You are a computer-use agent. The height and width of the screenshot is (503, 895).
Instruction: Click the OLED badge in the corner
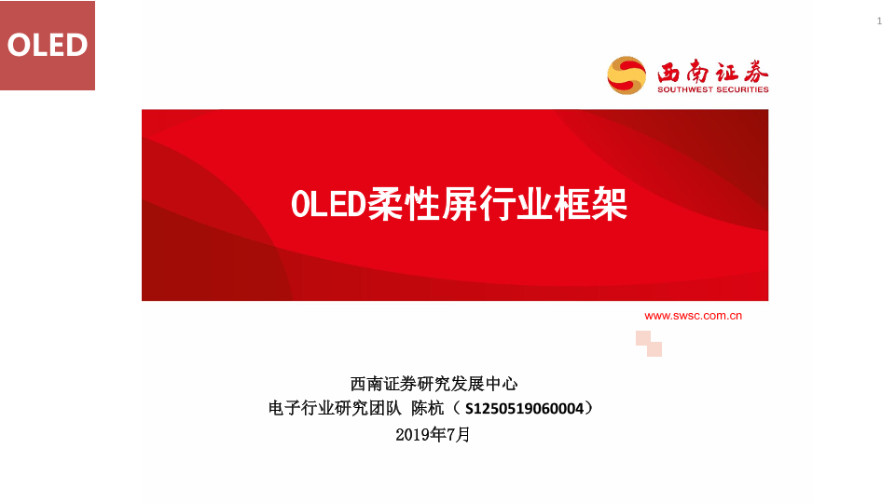tap(48, 45)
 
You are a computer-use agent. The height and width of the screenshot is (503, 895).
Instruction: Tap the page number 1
tap(879, 21)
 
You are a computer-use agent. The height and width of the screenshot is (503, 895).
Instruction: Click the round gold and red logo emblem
tap(626, 75)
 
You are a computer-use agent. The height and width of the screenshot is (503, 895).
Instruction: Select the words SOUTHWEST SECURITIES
tap(713, 89)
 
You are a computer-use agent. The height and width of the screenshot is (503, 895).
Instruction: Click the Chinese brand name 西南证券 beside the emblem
tap(713, 72)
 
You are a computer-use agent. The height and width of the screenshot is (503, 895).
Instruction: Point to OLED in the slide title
tap(328, 204)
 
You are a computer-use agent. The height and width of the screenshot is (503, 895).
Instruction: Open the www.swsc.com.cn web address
tap(693, 316)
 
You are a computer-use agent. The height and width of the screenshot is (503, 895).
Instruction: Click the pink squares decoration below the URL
tap(649, 344)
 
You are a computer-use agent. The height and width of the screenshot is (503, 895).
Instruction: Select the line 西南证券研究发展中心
tap(434, 384)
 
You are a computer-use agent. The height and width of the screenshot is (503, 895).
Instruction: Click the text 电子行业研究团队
tap(335, 408)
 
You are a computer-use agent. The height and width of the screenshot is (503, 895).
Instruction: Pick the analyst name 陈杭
tap(428, 408)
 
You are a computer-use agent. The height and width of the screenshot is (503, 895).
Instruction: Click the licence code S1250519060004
tap(525, 408)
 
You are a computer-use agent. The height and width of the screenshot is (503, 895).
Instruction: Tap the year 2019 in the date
tap(413, 435)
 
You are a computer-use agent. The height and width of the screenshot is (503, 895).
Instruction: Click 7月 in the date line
tap(459, 435)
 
